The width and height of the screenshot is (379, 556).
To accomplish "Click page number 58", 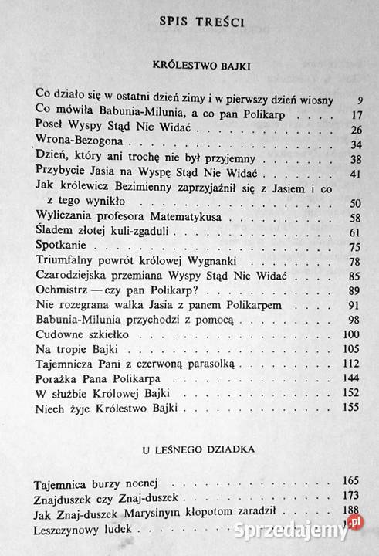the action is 355,218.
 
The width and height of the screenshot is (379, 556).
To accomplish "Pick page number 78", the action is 355,262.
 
